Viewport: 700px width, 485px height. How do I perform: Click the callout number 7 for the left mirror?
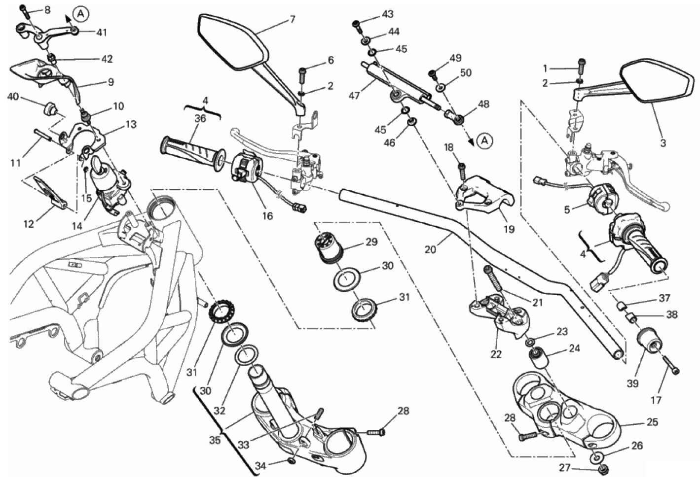pyautogui.click(x=293, y=19)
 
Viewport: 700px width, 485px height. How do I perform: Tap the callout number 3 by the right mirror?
pyautogui.click(x=663, y=143)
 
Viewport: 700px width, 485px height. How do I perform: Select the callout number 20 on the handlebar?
pyautogui.click(x=430, y=249)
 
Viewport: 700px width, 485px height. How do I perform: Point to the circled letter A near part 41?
pyautogui.click(x=81, y=14)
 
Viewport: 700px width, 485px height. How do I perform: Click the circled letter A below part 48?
pyautogui.click(x=485, y=141)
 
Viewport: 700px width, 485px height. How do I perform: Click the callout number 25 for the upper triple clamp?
pyautogui.click(x=652, y=422)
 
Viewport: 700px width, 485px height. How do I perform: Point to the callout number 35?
pyautogui.click(x=215, y=440)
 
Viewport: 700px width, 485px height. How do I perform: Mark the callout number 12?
pyautogui.click(x=29, y=224)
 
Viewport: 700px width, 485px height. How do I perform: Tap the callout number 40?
pyautogui.click(x=13, y=97)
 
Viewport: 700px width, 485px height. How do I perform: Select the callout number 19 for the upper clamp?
pyautogui.click(x=509, y=229)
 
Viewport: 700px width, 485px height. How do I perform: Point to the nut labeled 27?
pyautogui.click(x=602, y=470)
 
